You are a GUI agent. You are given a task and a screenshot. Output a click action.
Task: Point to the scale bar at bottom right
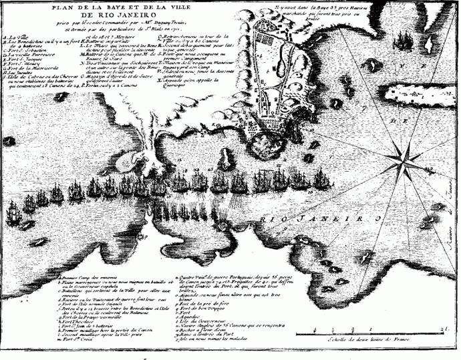click(x=374, y=329)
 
